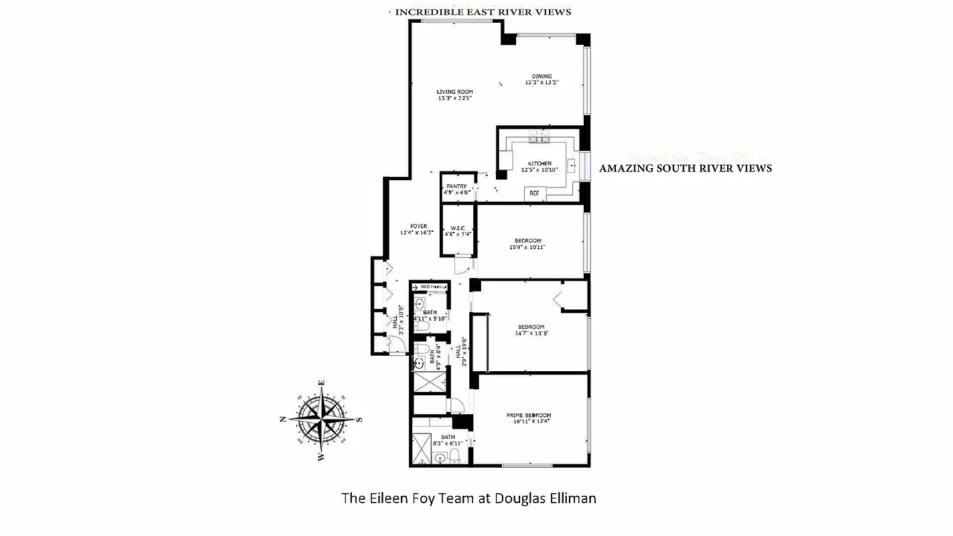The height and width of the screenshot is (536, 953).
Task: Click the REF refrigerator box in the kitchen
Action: point(534,193)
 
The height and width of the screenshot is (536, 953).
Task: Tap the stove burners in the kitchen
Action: point(539,138)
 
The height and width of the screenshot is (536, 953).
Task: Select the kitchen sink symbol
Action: point(572,164)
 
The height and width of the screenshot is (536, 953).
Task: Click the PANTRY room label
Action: point(456,186)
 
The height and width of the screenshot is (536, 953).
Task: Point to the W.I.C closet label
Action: point(458,228)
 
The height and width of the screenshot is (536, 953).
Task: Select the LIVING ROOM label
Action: point(455,92)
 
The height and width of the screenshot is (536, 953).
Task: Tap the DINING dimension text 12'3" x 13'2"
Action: point(542,83)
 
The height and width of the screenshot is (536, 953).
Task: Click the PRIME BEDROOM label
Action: point(529,415)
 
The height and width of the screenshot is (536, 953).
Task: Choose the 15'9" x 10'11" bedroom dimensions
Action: point(527,247)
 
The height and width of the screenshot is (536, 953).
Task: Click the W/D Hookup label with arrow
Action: point(429,286)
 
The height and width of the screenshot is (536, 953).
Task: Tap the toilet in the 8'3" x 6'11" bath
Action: point(455,457)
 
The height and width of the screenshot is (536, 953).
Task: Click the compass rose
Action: point(321,417)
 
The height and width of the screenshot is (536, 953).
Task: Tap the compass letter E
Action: point(322,383)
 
